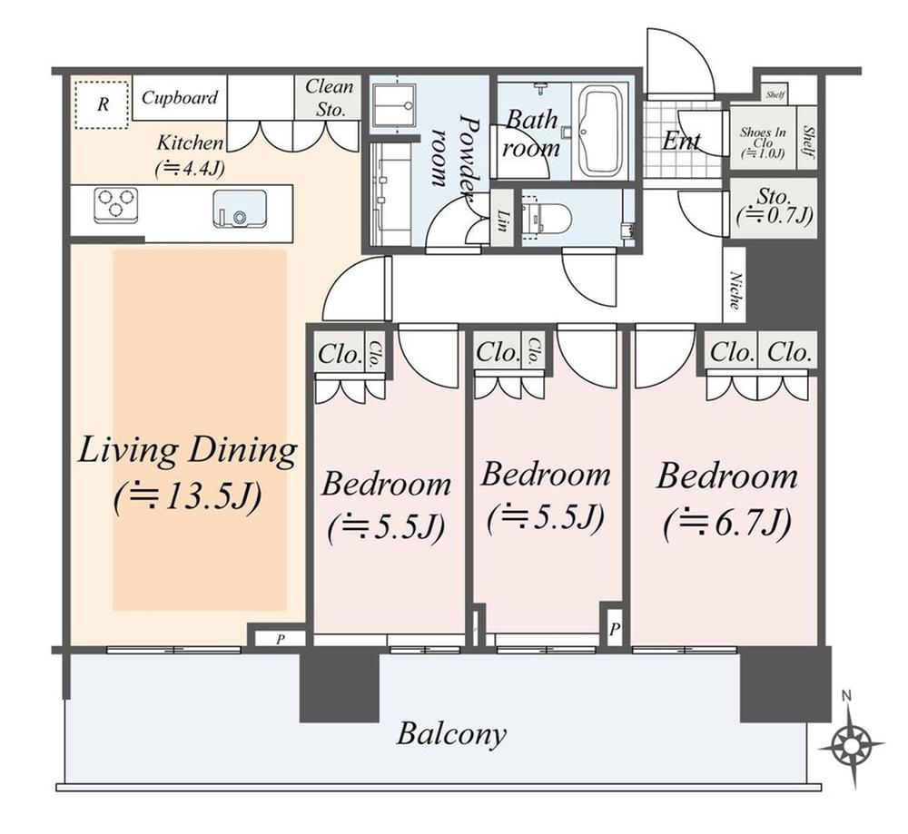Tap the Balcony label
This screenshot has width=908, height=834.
pyautogui.click(x=451, y=733)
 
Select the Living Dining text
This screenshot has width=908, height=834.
pyautogui.click(x=187, y=451)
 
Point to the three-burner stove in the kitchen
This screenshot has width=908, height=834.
pyautogui.click(x=115, y=204)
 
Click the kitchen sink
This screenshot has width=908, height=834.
pyautogui.click(x=240, y=210)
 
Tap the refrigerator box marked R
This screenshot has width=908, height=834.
pyautogui.click(x=102, y=103)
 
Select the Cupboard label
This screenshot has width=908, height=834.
pyautogui.click(x=179, y=97)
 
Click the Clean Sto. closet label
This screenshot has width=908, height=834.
pyautogui.click(x=328, y=98)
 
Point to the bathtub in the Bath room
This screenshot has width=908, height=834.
pyautogui.click(x=598, y=132)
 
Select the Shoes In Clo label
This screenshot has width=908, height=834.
pyautogui.click(x=762, y=143)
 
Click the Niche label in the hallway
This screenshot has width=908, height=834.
pyautogui.click(x=734, y=292)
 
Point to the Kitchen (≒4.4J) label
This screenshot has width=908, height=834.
pyautogui.click(x=191, y=153)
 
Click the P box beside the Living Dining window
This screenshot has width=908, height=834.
pyautogui.click(x=280, y=639)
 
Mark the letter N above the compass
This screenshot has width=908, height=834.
pyautogui.click(x=846, y=696)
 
